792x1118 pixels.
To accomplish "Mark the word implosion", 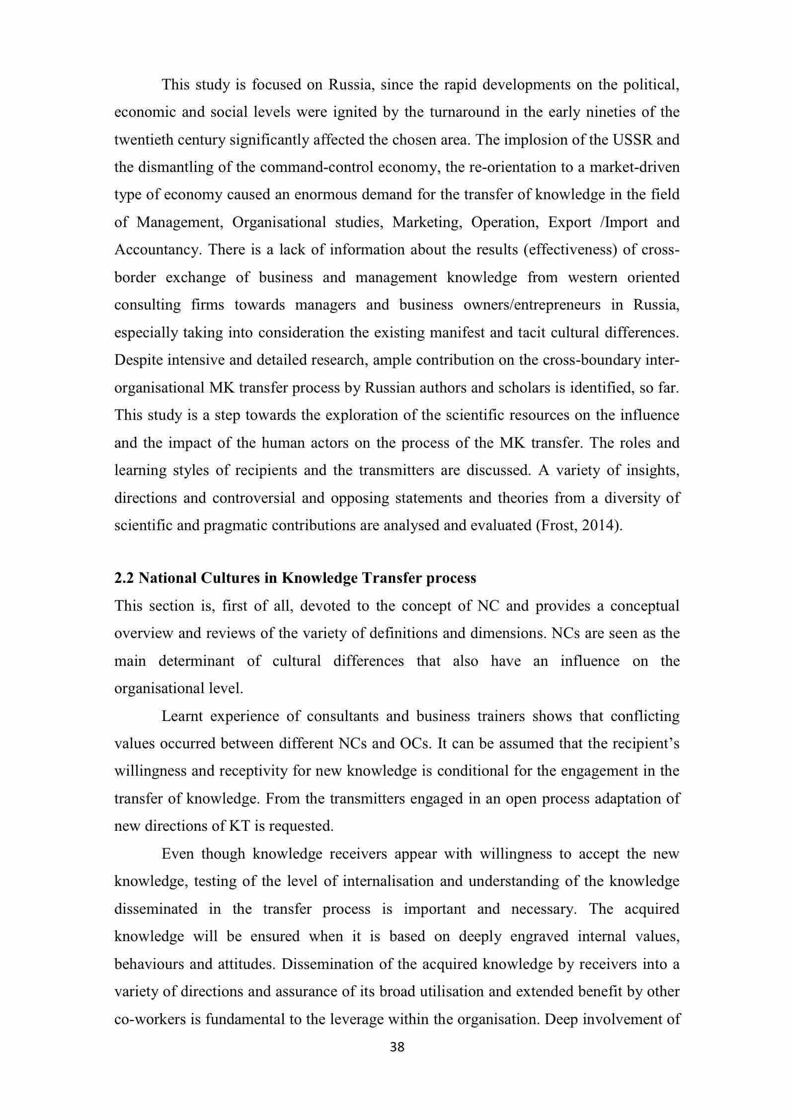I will (x=534, y=140).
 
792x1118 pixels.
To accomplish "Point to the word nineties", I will (x=614, y=112).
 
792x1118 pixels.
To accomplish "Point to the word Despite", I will (x=139, y=360).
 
